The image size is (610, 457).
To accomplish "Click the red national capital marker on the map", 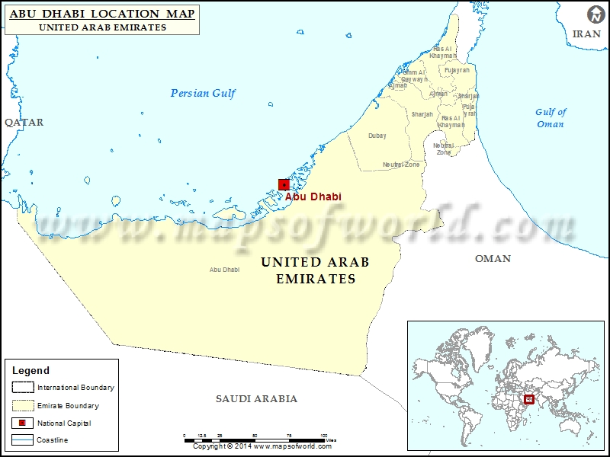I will pos(284,184).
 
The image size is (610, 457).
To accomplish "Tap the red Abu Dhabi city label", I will pos(313,197).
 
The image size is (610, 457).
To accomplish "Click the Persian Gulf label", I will pos(203,94).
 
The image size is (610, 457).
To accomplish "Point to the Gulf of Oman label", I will pos(551,118).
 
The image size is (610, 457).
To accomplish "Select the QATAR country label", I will pos(24,123).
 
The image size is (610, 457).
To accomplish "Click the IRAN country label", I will pos(586,34).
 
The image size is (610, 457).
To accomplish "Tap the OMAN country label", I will pos(493,259).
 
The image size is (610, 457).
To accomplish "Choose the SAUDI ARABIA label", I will pos(256,399).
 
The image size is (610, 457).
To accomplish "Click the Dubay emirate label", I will pos(377,136).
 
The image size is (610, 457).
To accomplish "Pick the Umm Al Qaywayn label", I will pos(414,75).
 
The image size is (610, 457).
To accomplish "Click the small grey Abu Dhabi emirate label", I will pos(224,270).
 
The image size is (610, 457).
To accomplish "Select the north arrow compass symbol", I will pos(593,15).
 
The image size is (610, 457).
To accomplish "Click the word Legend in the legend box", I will pos(30,371).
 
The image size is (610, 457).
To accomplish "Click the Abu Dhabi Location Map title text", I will pos(102,14).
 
